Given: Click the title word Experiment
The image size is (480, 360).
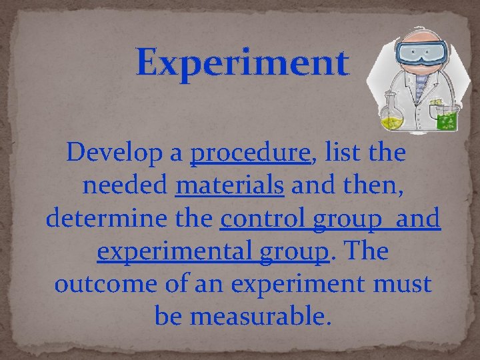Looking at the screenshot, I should coord(242,63).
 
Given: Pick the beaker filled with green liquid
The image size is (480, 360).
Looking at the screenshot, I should coord(446,117).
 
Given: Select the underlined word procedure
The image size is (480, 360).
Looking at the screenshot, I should coord(251,154).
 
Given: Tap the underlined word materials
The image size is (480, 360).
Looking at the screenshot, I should coord(229,186).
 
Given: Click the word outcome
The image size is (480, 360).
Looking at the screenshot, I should coord(97,284).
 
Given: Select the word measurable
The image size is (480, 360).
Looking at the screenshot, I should coord(260,316).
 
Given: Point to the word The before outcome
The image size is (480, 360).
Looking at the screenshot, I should coord(364,251).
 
